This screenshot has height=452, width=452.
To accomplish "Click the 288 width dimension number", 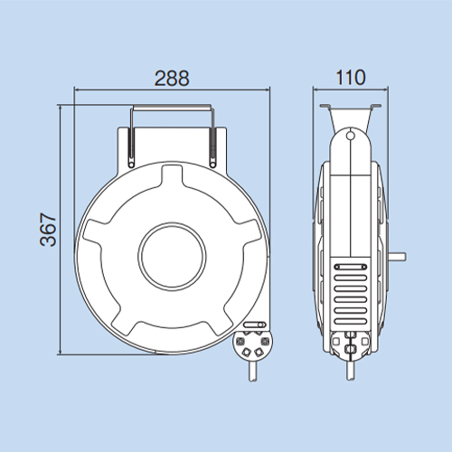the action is coord(172,79).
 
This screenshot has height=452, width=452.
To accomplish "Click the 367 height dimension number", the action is coord(48,230).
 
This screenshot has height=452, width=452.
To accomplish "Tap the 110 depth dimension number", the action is coord(351,78).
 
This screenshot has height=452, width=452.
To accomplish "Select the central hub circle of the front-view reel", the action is coord(173,257).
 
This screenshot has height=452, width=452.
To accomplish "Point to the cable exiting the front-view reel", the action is coord(253,372).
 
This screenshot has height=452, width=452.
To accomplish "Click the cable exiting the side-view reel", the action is coord(350,371).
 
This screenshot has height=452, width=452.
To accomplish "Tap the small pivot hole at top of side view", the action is coord(350,136).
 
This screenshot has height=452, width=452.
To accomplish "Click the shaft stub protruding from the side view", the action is coord(397,257).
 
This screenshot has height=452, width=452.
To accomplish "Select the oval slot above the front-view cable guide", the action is coord(255,325).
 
